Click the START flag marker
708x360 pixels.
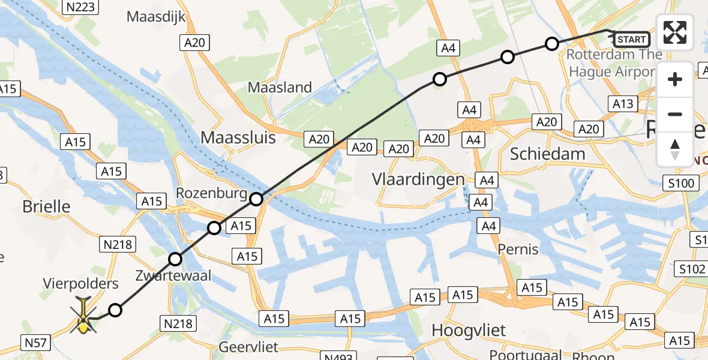(631, 40)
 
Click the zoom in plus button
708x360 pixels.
(675, 79)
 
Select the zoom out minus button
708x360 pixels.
(675, 114)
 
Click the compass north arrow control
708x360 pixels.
(675, 149)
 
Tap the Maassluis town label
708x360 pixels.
(238, 137)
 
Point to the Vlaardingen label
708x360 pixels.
(418, 179)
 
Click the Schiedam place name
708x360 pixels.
(547, 154)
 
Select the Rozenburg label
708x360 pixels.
(211, 193)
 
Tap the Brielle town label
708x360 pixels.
(46, 206)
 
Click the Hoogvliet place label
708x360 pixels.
(469, 330)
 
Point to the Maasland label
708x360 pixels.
(280, 88)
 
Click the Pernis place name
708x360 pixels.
(518, 248)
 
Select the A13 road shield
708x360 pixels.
(623, 104)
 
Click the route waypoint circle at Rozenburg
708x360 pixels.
(256, 199)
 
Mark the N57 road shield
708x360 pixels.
(37, 343)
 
